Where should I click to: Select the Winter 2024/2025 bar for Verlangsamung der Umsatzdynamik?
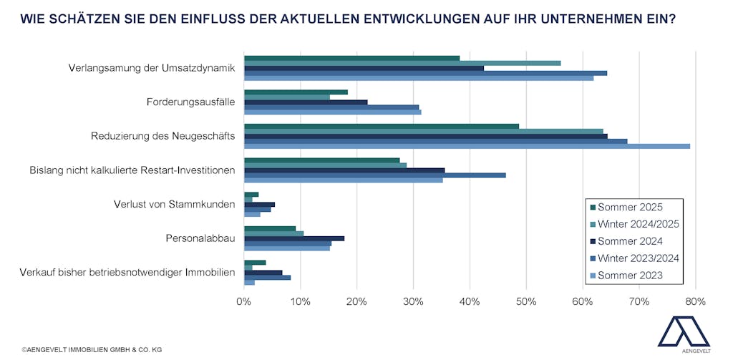click(x=402, y=63)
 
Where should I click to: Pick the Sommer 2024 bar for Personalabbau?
click(x=294, y=238)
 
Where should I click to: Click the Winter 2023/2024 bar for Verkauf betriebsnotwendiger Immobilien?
click(x=267, y=277)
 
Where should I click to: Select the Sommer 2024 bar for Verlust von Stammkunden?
click(x=259, y=204)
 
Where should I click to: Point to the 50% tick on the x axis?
click(x=525, y=301)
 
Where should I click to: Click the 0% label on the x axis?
click(x=244, y=301)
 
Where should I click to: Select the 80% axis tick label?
click(x=695, y=301)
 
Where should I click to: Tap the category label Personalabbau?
click(x=200, y=238)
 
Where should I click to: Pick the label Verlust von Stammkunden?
click(x=175, y=204)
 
